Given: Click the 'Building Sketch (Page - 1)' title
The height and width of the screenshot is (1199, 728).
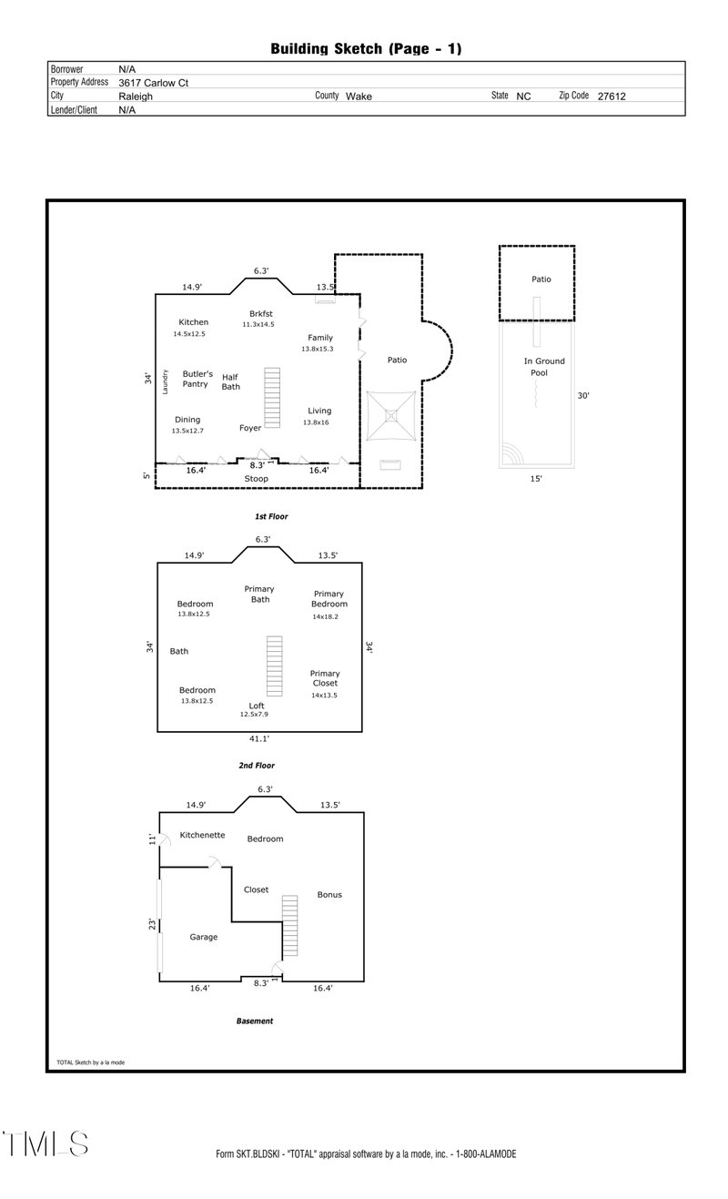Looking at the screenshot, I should (366, 48).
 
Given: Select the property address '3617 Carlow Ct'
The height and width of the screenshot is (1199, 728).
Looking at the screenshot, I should (154, 82).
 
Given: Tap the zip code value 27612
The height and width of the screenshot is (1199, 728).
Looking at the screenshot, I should (612, 96).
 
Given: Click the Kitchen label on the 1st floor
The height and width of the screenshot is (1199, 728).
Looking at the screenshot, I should (193, 322).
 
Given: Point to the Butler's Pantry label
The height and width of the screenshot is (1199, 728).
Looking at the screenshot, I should (197, 379).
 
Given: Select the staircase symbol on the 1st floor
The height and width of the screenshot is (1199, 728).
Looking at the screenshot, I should (273, 391).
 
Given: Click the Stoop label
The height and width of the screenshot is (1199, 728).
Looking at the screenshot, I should (256, 478).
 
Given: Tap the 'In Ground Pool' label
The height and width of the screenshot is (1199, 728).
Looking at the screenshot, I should (544, 367).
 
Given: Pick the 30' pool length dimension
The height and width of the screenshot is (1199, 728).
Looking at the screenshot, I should (584, 396).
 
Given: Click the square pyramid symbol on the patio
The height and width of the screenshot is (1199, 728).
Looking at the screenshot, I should (391, 415).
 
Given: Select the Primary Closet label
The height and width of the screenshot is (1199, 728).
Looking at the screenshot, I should (324, 678).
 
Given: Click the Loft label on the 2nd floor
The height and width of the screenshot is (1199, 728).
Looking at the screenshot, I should (258, 706).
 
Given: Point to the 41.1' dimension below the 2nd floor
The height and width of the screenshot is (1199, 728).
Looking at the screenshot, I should (259, 739).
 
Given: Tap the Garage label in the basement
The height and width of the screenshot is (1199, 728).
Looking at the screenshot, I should (203, 937).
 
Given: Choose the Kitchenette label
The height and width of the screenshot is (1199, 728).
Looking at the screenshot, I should (202, 835).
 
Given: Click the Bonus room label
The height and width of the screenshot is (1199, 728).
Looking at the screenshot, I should (329, 895).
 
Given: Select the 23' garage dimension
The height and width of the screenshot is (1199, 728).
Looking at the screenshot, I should (152, 924).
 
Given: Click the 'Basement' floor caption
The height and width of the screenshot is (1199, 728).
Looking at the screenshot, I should (255, 1021).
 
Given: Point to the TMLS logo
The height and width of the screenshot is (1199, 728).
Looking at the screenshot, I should (45, 1144).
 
